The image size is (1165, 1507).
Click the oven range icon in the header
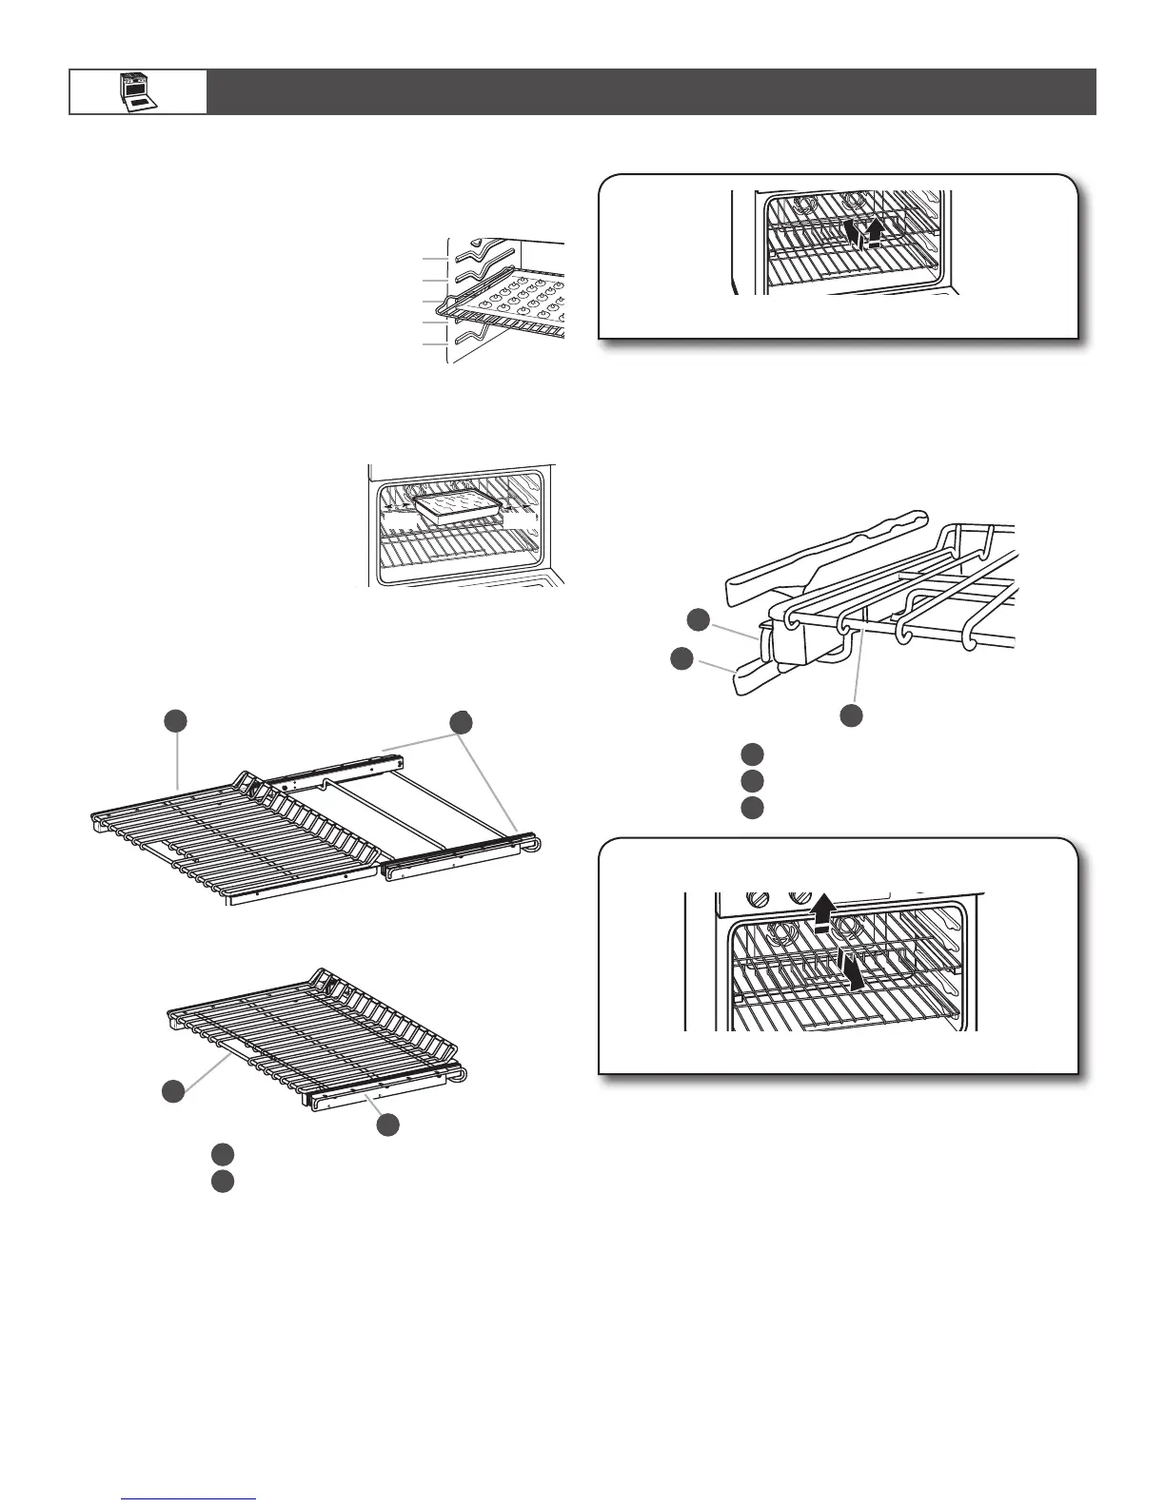click(138, 91)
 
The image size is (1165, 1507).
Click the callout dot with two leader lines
click(462, 722)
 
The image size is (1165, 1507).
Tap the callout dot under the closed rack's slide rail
click(387, 1125)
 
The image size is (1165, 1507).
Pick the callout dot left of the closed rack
click(172, 1092)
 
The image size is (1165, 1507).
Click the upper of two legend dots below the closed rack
click(223, 1154)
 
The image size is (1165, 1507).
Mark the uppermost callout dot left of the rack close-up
click(699, 619)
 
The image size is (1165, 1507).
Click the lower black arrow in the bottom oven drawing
click(854, 971)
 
